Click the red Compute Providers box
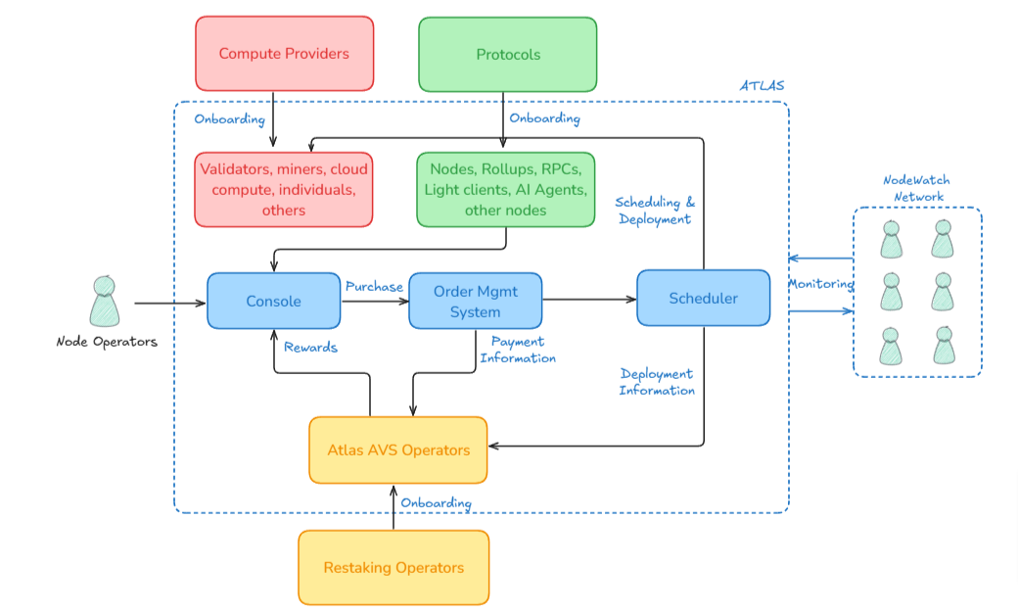pos(284,54)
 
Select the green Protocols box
pos(508,54)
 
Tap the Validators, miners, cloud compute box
pos(284,190)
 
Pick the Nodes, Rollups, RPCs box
pos(505,190)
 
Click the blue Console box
pos(273,301)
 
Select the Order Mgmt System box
pos(475,301)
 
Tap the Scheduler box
pos(703,298)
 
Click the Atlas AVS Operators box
pos(398,450)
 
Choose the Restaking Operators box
pos(393,568)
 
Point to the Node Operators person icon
pos(105,302)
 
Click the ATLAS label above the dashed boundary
pos(762,86)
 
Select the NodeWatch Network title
pos(916,188)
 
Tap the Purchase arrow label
pos(374,287)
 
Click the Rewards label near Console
pos(310,347)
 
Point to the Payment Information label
pos(518,350)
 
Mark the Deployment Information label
pos(657,382)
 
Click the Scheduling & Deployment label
pos(654,211)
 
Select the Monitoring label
pos(820,284)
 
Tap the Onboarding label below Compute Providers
pos(229,119)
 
